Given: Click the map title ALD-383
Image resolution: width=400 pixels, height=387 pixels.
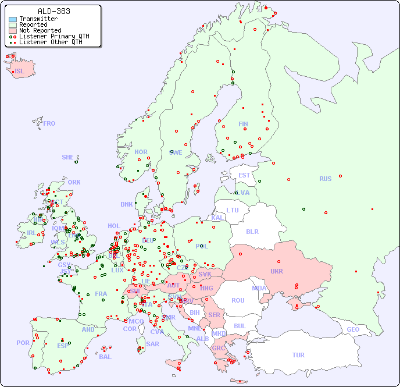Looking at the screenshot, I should pyautogui.click(x=53, y=11).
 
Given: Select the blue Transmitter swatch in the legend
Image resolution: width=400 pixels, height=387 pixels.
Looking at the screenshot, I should pyautogui.click(x=13, y=19).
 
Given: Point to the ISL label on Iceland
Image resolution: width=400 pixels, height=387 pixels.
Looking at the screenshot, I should pyautogui.click(x=19, y=72).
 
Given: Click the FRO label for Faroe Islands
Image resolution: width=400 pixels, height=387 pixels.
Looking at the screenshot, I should pyautogui.click(x=49, y=123).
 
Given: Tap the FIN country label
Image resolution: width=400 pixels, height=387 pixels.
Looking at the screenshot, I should pyautogui.click(x=243, y=124).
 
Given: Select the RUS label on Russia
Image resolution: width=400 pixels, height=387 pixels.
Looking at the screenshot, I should pyautogui.click(x=325, y=179).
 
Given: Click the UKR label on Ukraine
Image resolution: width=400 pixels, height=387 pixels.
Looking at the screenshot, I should pyautogui.click(x=276, y=271).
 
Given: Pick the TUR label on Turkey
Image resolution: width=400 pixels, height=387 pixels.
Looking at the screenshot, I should pyautogui.click(x=298, y=355).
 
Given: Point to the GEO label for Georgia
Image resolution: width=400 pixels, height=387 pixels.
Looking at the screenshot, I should pyautogui.click(x=353, y=329).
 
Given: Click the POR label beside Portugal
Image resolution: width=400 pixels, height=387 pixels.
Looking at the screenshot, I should pyautogui.click(x=23, y=343).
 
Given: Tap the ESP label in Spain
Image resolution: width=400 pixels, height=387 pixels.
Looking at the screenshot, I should pyautogui.click(x=63, y=345).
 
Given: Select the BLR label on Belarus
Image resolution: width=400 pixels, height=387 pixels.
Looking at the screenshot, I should pyautogui.click(x=252, y=231).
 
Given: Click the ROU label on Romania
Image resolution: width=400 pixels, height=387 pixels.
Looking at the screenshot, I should pyautogui.click(x=238, y=300).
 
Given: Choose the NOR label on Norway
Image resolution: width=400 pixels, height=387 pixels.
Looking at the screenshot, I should pyautogui.click(x=141, y=152).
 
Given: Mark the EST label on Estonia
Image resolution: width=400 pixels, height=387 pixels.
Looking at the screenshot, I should pyautogui.click(x=244, y=175).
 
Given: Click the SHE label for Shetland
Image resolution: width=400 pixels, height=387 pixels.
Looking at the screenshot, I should pyautogui.click(x=68, y=157).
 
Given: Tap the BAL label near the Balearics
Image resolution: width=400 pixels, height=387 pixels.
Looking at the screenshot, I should pyautogui.click(x=105, y=357).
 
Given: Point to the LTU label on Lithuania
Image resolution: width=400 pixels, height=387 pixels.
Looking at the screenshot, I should pyautogui.click(x=233, y=210).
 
